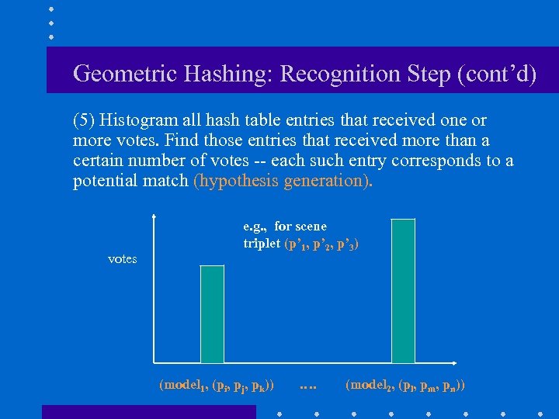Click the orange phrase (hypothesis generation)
283,181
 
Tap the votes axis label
122,258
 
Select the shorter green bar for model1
212,314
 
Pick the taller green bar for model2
403,291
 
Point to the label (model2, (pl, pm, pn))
404,385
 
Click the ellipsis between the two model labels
308,385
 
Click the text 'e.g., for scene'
285,227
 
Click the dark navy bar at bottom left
148,411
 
